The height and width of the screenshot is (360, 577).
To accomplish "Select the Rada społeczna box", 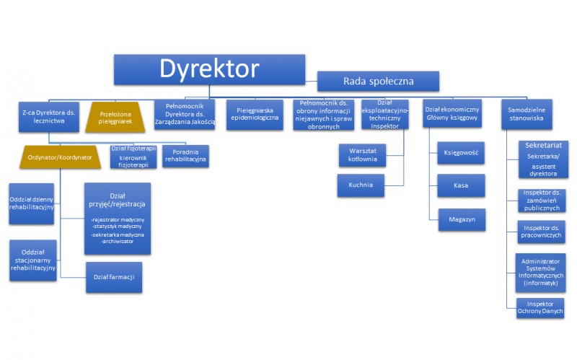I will pos(379,81).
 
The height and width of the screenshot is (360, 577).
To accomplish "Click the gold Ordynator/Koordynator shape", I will pos(60,157).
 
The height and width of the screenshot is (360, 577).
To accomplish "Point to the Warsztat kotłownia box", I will pos(361,154).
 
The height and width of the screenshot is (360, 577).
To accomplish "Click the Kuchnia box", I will pos(361,185).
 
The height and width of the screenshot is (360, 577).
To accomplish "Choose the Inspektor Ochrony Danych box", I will pos(540,307).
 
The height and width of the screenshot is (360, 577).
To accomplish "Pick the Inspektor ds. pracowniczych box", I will pos(540,233).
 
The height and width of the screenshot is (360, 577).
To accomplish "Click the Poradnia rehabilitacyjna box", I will pos(185,157).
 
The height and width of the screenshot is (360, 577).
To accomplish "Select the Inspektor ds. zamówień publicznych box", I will pos(540,200).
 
